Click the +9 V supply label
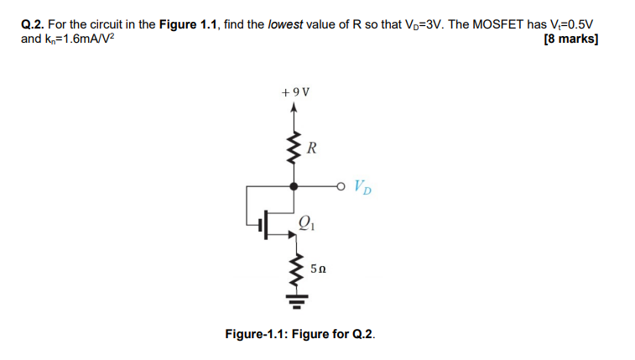pyautogui.click(x=294, y=91)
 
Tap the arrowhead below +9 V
pyautogui.click(x=294, y=107)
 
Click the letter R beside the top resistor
pyautogui.click(x=311, y=149)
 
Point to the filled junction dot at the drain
pyautogui.click(x=294, y=186)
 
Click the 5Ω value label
pyautogui.click(x=318, y=269)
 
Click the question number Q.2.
pyautogui.click(x=33, y=24)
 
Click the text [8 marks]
pyautogui.click(x=570, y=39)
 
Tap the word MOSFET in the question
pyautogui.click(x=475, y=24)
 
